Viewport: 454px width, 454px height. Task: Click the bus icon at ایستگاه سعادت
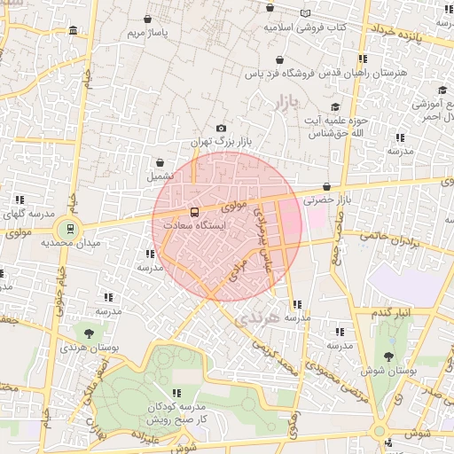point(194,212)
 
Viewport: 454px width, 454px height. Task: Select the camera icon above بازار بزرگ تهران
point(221,129)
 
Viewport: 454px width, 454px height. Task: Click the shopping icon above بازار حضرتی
point(327,187)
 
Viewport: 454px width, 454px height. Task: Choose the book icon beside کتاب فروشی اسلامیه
point(306,13)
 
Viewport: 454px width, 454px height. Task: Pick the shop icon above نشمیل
point(160,163)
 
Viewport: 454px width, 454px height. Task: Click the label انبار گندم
point(390,314)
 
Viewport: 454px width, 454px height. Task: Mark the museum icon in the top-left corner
point(72,32)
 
